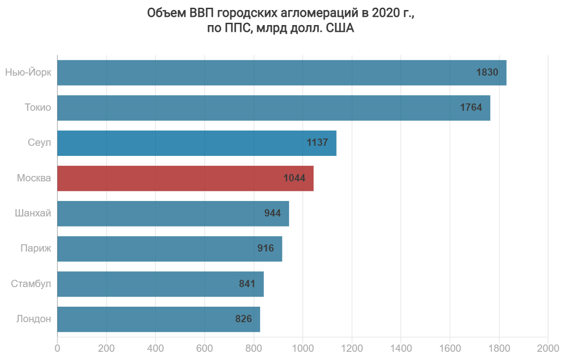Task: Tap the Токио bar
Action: pos(274,108)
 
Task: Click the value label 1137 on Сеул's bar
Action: pos(317,143)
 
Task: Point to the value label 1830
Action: pos(487,72)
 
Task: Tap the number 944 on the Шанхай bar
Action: pos(272,213)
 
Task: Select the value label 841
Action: pos(247,284)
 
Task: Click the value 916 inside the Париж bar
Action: pos(265,249)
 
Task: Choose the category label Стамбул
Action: pos(31,284)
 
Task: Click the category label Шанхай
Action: pos(33,213)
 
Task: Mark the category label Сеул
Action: pos(39,143)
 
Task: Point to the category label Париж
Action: pos(36,249)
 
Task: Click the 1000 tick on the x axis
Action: pos(302,349)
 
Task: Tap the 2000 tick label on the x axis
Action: pos(548,349)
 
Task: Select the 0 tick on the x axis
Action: pos(57,349)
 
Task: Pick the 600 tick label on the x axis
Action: pos(204,349)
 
